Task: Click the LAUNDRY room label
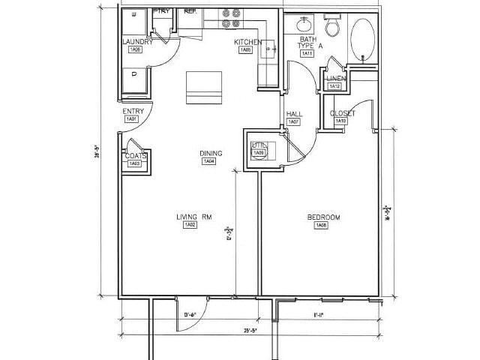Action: click(x=137, y=42)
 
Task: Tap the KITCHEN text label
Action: click(x=247, y=42)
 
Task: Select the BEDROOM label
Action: click(x=323, y=217)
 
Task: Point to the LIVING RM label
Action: click(x=193, y=217)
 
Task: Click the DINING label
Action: click(x=209, y=154)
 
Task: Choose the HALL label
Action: click(x=293, y=114)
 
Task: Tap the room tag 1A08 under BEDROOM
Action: click(x=321, y=226)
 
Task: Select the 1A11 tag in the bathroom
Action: click(x=307, y=53)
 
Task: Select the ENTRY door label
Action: click(x=133, y=112)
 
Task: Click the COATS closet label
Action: click(x=136, y=155)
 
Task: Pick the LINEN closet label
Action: click(x=335, y=79)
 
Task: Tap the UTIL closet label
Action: click(x=259, y=145)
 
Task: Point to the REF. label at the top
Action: click(x=190, y=11)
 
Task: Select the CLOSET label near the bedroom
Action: click(x=343, y=113)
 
